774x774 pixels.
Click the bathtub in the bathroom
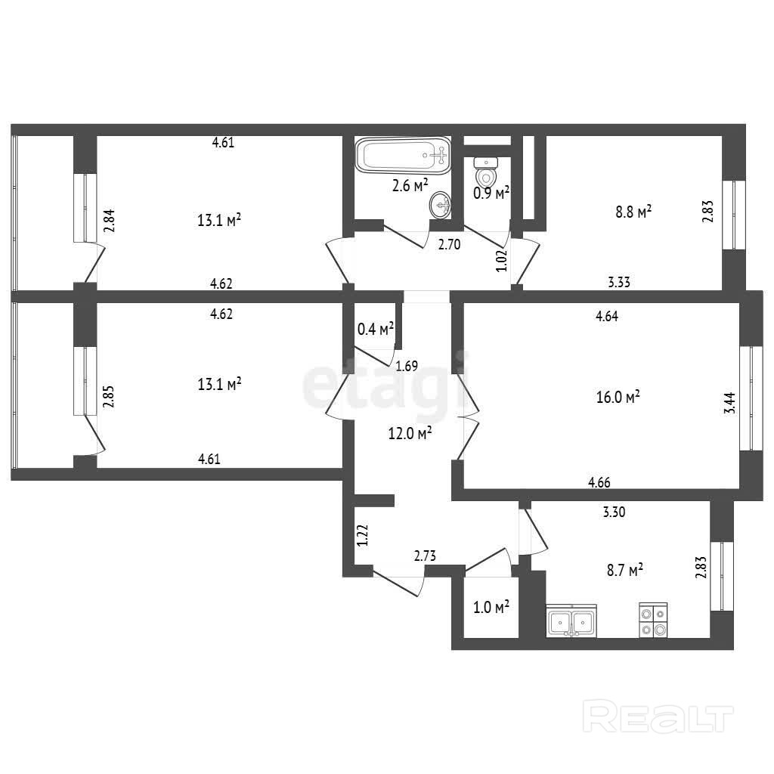tap(403, 156)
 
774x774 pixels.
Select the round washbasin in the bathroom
tap(441, 205)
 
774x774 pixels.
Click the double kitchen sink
tap(571, 621)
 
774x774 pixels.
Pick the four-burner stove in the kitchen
tap(653, 620)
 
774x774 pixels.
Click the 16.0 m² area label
tap(618, 396)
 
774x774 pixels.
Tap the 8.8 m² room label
tap(633, 212)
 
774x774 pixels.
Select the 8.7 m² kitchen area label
tap(624, 570)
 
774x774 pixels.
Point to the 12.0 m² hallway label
tap(410, 433)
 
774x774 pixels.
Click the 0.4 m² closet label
tap(375, 329)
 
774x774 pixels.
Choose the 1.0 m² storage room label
tap(491, 607)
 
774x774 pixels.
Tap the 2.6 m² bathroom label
tap(410, 186)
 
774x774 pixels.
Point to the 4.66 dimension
tap(599, 482)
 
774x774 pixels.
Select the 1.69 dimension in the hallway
tap(407, 366)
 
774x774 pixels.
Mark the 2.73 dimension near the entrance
tap(425, 556)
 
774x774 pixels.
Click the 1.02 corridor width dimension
tap(502, 261)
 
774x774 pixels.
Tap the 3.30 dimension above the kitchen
tap(614, 512)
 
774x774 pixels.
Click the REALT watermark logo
tap(658, 717)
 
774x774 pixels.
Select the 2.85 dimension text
tap(108, 396)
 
